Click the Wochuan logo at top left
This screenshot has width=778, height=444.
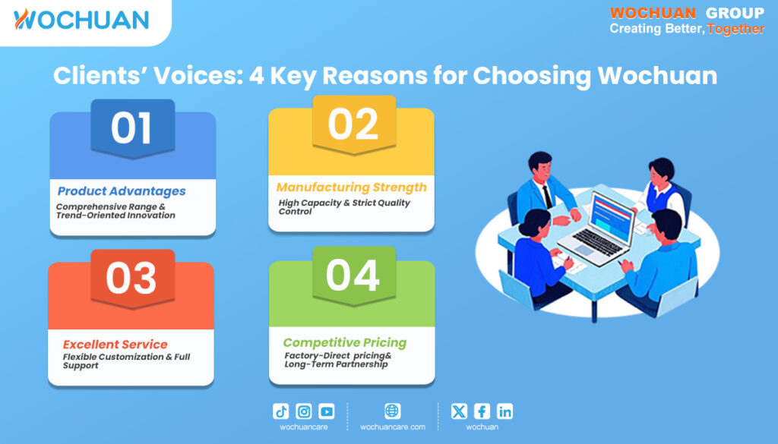click(81, 20)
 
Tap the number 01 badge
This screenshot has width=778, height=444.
click(132, 128)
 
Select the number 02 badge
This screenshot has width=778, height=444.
click(354, 124)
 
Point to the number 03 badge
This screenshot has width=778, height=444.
click(132, 279)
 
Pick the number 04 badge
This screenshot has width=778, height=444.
click(354, 276)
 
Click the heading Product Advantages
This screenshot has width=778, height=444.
click(122, 191)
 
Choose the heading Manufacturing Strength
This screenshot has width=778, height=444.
click(351, 187)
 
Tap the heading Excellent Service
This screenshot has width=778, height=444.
click(115, 345)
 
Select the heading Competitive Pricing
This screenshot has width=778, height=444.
click(345, 343)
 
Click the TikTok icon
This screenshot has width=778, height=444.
click(281, 411)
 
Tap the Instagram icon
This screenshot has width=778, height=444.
click(304, 411)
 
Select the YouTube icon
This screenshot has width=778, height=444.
click(327, 411)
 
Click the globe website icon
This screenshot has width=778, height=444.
click(393, 411)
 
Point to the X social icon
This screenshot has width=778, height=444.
click(459, 411)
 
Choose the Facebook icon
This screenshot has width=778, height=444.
click(482, 411)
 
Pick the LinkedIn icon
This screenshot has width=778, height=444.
click(504, 411)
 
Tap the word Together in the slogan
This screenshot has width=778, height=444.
click(735, 29)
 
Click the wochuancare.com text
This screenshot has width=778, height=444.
click(393, 427)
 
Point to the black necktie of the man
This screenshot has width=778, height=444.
click(547, 197)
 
